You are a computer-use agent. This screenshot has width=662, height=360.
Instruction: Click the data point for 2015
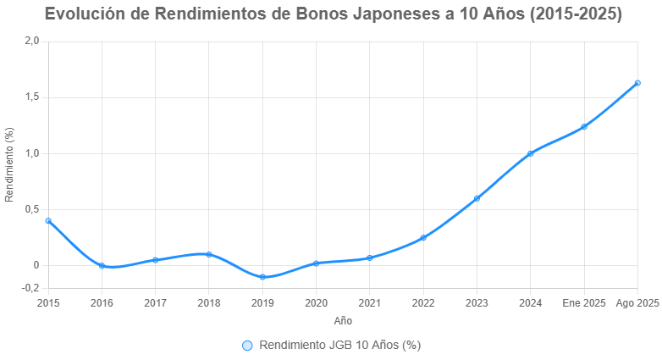tap(48, 220)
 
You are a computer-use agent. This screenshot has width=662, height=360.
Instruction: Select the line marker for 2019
tap(262, 277)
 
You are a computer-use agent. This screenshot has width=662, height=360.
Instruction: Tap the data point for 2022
tap(423, 238)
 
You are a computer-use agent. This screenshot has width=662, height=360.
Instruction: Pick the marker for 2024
tap(531, 153)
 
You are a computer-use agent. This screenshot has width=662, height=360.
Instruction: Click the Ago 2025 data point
tap(637, 83)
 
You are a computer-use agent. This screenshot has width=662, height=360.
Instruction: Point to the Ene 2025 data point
tap(584, 127)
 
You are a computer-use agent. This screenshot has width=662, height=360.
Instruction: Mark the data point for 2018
tap(209, 254)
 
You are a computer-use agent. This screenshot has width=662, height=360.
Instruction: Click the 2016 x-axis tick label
tap(102, 303)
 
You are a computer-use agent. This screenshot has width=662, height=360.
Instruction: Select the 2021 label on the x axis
tap(369, 303)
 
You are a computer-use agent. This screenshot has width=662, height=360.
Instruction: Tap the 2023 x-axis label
tap(477, 303)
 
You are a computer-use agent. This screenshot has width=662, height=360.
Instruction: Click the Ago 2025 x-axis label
tap(637, 303)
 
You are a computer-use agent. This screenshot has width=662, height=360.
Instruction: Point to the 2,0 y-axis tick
tap(32, 41)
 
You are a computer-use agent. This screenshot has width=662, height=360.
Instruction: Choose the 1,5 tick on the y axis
tap(32, 97)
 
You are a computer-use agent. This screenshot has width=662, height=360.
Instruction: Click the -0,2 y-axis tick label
tap(30, 288)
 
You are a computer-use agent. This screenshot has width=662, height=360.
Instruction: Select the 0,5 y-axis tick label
tap(32, 209)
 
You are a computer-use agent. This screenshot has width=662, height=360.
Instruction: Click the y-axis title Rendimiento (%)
tap(9, 164)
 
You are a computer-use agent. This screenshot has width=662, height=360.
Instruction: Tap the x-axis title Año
tap(343, 321)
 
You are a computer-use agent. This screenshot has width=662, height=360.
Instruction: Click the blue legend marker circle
tap(247, 345)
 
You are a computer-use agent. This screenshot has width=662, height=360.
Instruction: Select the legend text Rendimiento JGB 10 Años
tap(340, 345)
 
